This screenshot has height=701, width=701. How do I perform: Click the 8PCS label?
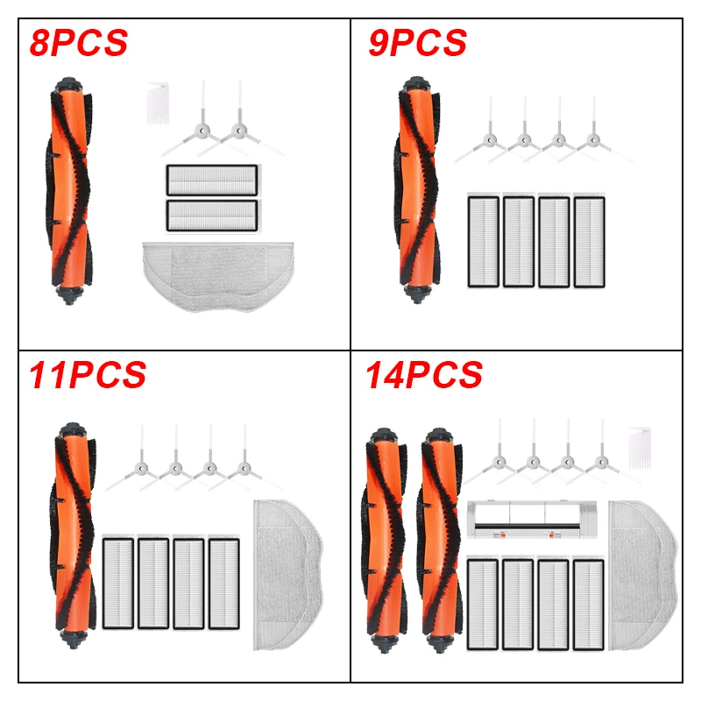(78, 41)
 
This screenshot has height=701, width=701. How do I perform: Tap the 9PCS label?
(417, 41)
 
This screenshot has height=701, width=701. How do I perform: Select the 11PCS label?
(87, 375)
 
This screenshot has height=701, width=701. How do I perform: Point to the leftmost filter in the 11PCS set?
(118, 583)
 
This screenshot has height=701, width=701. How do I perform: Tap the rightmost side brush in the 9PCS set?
(594, 140)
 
